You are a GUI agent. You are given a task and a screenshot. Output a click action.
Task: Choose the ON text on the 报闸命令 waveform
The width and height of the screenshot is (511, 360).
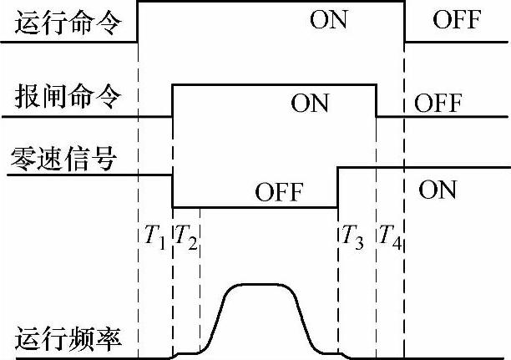310,104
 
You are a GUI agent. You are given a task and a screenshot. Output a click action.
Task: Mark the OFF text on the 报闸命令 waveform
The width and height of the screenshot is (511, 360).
438,104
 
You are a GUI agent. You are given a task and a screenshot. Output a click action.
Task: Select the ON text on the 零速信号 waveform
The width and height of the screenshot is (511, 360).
438,190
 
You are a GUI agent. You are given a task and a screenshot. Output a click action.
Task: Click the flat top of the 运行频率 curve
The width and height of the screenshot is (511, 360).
260,286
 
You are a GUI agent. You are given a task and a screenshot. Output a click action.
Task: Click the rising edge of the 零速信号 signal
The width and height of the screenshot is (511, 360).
338,186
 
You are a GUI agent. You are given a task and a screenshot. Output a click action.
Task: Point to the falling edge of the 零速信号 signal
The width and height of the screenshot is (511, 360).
173,190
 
